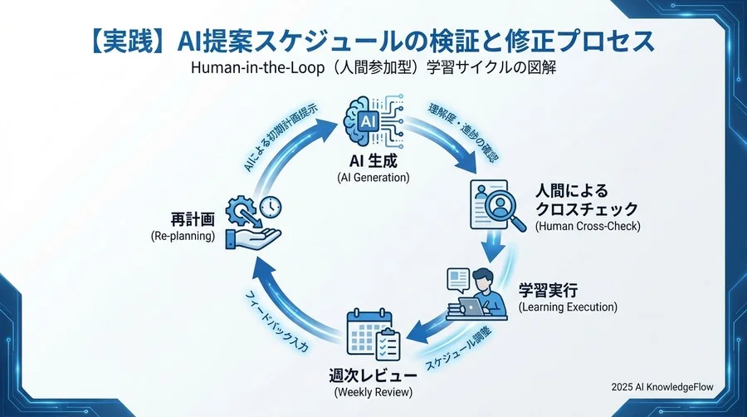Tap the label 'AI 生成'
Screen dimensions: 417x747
(x=373, y=161)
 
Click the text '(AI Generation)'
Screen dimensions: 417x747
(x=373, y=178)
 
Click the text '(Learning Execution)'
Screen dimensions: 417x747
(x=568, y=307)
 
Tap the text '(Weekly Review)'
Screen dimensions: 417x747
(x=373, y=391)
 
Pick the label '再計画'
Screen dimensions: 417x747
(x=193, y=219)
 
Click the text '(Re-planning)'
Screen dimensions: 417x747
(x=183, y=236)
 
